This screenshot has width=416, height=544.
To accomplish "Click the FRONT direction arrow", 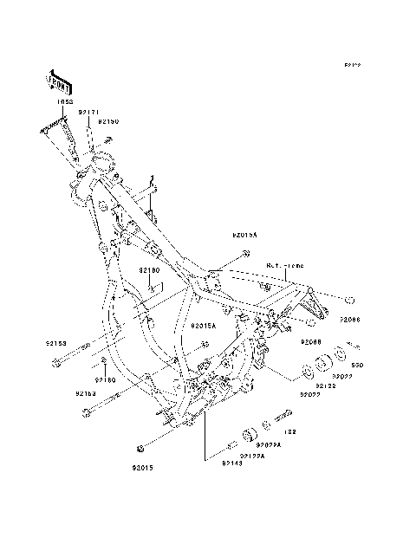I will (x=58, y=81).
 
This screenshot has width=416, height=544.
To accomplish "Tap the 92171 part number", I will (x=89, y=112).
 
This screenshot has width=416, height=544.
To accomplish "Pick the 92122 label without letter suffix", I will (x=327, y=385).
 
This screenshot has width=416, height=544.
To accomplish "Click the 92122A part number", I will (x=253, y=456).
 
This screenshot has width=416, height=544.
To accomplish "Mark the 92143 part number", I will (x=231, y=465).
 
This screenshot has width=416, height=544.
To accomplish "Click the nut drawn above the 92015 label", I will (x=140, y=448).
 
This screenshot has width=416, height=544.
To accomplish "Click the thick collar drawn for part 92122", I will (x=307, y=373).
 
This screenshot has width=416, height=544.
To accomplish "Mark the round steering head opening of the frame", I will (x=103, y=160).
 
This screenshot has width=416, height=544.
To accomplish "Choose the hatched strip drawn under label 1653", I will (x=56, y=128).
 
